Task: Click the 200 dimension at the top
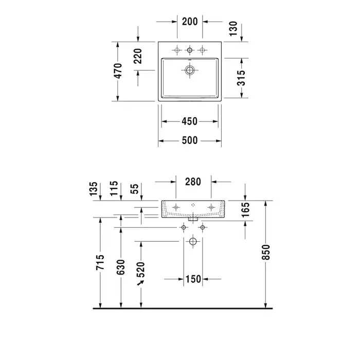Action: [190, 22]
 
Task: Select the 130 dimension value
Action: [233, 28]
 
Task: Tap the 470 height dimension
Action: [118, 71]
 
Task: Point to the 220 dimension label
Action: [138, 56]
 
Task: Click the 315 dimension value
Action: [241, 78]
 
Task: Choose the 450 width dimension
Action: [189, 121]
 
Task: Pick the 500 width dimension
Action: [190, 140]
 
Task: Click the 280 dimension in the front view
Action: [193, 182]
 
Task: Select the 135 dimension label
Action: [94, 189]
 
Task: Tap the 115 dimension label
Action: [114, 189]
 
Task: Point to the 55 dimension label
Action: [135, 189]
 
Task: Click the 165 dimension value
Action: [245, 209]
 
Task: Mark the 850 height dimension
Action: [266, 253]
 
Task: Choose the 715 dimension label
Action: [100, 262]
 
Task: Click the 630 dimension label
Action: [120, 267]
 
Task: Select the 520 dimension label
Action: [141, 269]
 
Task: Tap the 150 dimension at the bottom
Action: [193, 279]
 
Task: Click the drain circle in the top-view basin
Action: [190, 70]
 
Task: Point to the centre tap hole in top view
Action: [190, 50]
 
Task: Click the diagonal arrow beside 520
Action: [140, 283]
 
